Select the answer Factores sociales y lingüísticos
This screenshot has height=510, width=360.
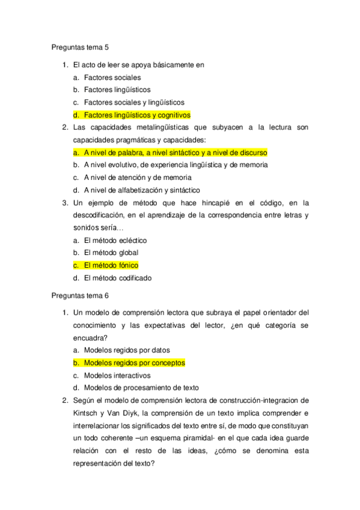point(134,102)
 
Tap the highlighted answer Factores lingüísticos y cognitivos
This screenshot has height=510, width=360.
point(137,114)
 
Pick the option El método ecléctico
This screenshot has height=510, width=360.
point(115,240)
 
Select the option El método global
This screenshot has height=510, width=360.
point(111,253)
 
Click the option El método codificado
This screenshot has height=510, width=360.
point(118,278)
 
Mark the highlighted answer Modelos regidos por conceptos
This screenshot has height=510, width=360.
point(134,363)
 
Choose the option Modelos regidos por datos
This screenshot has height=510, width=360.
point(127,350)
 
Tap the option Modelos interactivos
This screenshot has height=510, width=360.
point(117,375)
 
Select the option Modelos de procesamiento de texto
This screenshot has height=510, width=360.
point(141,388)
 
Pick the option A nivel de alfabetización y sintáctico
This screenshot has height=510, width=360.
point(142,190)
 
